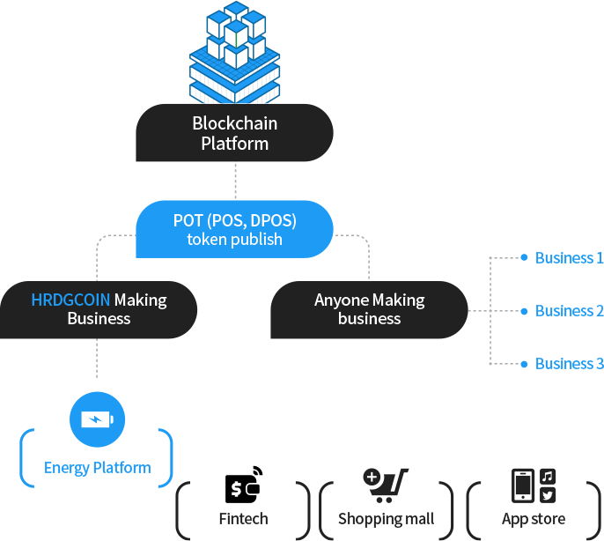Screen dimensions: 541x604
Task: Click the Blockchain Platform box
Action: [x=234, y=132]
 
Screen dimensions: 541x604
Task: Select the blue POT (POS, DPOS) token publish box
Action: [x=234, y=228]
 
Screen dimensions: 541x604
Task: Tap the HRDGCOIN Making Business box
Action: [x=99, y=309]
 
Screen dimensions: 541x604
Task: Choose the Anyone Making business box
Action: [x=369, y=309]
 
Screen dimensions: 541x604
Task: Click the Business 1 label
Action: [x=569, y=258]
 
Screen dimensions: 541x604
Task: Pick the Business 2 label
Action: [x=569, y=311]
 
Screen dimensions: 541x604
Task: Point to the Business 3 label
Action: [x=569, y=364]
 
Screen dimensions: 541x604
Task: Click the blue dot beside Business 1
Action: [x=524, y=258]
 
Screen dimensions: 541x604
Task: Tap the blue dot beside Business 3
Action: [x=524, y=364]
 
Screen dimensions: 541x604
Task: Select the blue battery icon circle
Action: [x=97, y=419]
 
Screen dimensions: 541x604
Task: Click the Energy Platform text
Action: [x=97, y=468]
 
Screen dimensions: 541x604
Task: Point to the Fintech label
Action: [x=243, y=519]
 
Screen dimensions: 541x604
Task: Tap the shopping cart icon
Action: [x=385, y=485]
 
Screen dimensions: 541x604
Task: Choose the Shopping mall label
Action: [x=385, y=519]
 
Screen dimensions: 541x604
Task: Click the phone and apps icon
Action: [x=534, y=485]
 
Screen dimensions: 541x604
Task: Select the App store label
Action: [x=534, y=519]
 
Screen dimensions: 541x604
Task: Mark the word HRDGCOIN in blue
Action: [x=70, y=300]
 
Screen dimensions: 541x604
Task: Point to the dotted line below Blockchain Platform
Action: [x=235, y=181]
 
